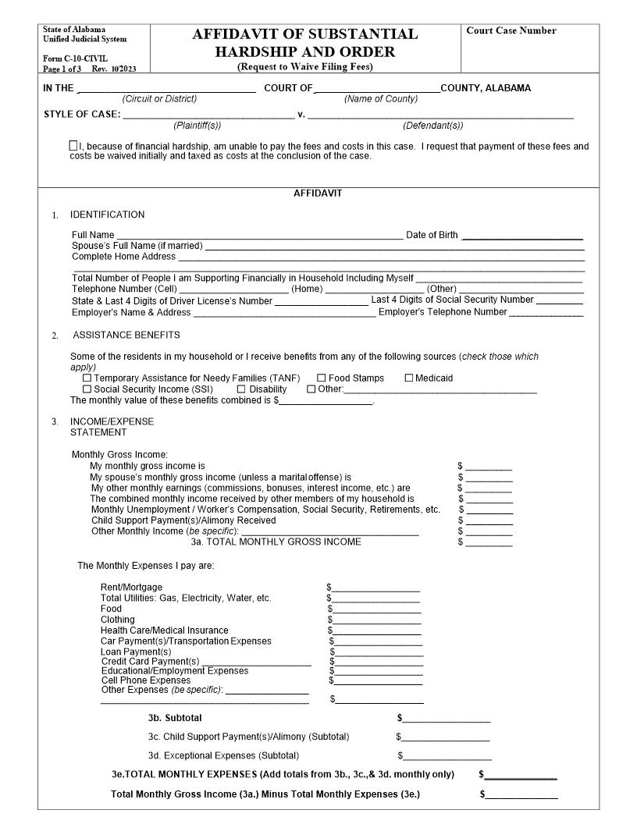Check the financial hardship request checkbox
coord(73,146)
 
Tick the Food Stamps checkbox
coord(322,378)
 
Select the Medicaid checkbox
coord(408,378)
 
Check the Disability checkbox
coord(242,389)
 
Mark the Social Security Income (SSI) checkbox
coord(87,389)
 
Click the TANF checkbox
coord(87,378)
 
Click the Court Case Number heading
coord(511,31)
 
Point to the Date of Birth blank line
coord(522,236)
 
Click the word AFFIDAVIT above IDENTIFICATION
coord(318,193)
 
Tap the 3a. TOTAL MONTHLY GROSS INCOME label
coord(276,542)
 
